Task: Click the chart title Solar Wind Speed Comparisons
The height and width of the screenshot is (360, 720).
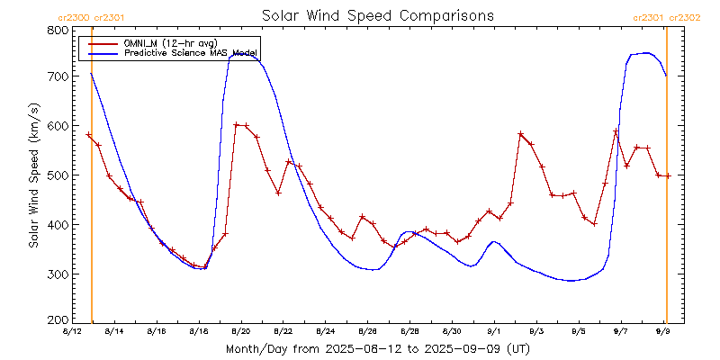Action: tap(377, 15)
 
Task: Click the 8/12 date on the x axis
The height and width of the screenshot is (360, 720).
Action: tap(71, 332)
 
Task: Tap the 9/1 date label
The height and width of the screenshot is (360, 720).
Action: tap(493, 332)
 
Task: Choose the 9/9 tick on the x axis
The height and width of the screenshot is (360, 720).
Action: tap(663, 332)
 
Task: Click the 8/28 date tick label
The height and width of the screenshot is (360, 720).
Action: tap(409, 332)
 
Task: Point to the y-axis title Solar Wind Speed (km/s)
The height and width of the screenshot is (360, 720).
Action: tap(33, 175)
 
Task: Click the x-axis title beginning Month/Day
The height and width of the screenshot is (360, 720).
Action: tap(379, 347)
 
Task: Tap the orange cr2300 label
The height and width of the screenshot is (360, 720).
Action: tap(73, 17)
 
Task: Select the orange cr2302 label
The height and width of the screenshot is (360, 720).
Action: tap(683, 17)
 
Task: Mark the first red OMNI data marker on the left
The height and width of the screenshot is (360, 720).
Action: tap(88, 135)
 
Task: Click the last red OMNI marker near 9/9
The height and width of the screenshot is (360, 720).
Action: tap(668, 175)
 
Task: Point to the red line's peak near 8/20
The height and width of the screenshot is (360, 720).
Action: tap(236, 125)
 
